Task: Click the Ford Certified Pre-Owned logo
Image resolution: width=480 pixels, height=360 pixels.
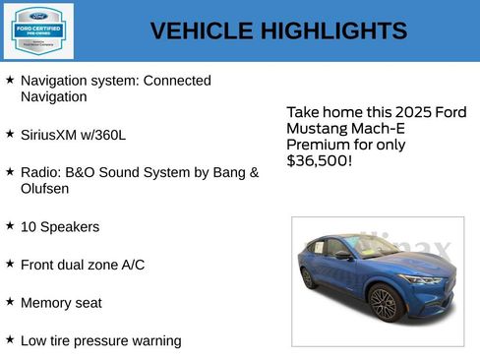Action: tap(36, 30)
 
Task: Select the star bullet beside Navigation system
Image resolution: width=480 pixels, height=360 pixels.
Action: tap(10, 80)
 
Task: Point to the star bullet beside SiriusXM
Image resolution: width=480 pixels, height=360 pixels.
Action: tap(10, 133)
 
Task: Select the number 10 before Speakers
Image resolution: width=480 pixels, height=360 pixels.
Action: tap(29, 227)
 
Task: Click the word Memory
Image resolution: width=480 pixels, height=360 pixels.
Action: tap(47, 303)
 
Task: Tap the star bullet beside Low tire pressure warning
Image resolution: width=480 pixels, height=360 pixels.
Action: tap(10, 339)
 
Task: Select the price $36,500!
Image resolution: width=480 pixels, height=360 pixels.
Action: tap(319, 160)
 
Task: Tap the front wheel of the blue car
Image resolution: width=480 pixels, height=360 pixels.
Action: tap(383, 303)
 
